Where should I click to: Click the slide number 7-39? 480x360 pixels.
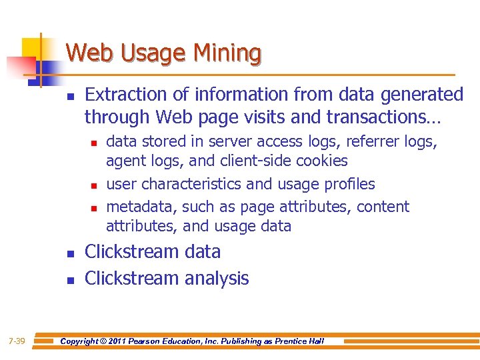tap(17, 341)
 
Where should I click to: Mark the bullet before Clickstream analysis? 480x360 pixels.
tap(71, 281)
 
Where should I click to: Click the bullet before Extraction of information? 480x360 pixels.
tap(71, 97)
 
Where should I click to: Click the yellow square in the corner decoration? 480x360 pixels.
tap(33, 47)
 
